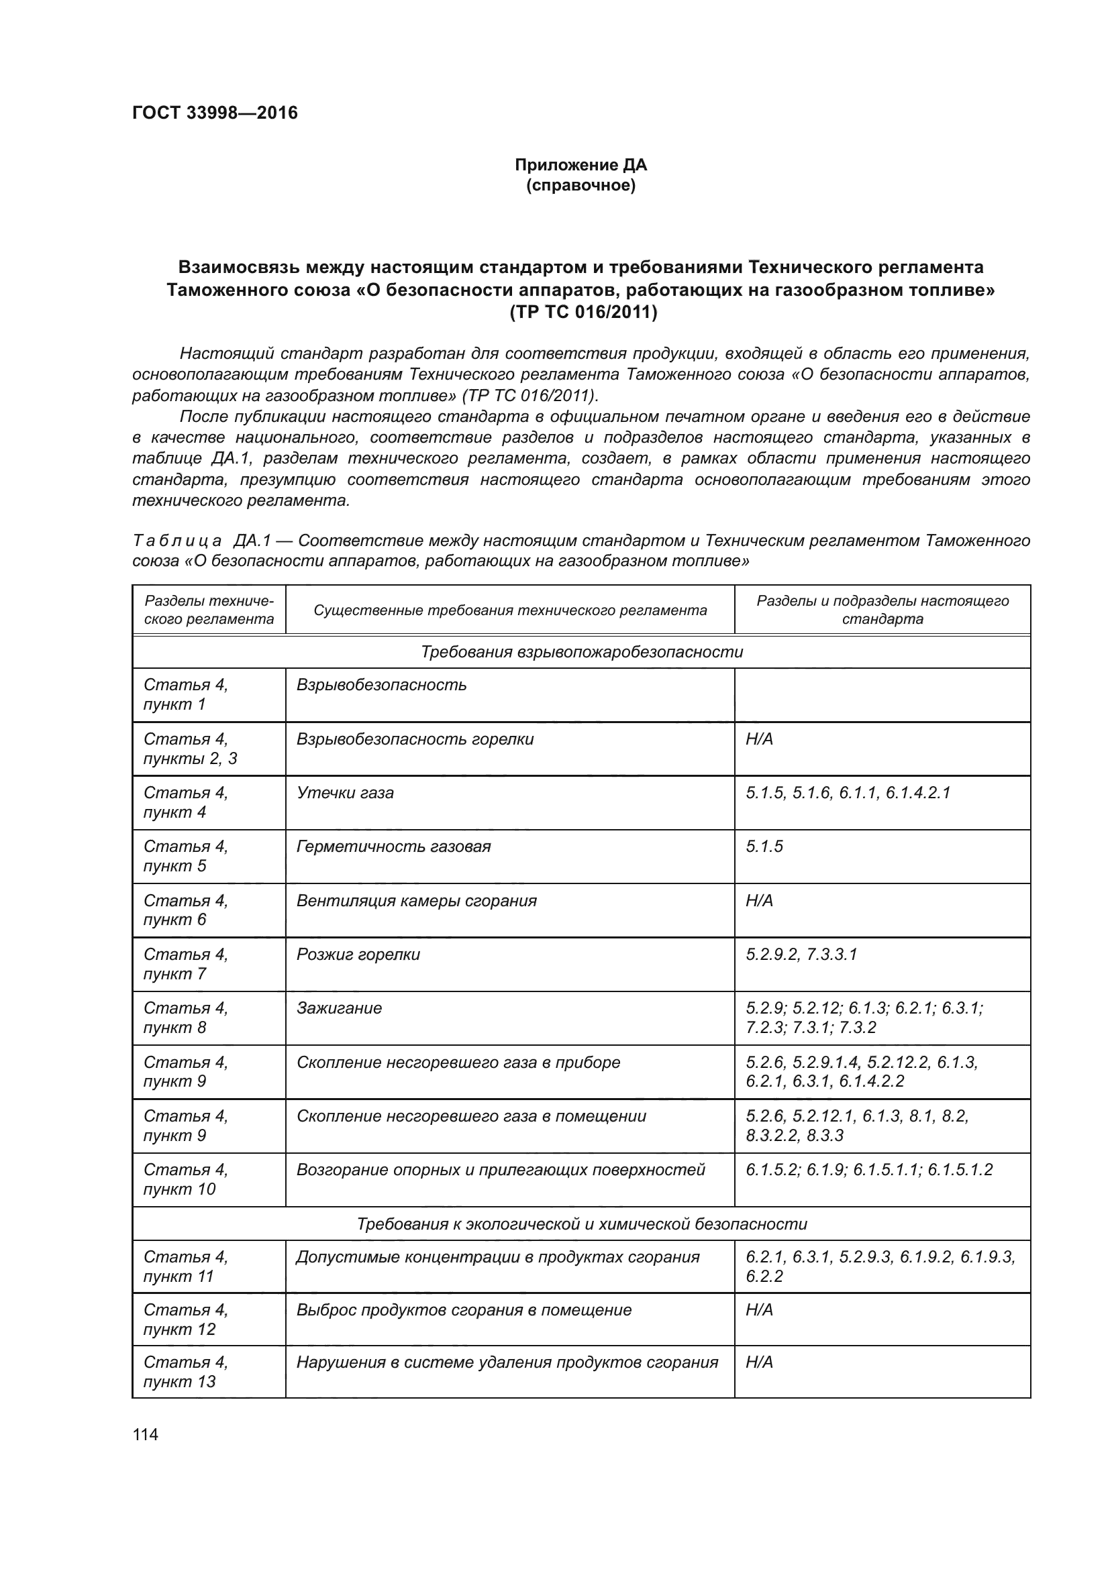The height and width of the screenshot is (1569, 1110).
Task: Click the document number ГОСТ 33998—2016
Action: (x=215, y=113)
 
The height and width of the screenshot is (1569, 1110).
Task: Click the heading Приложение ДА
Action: (x=581, y=165)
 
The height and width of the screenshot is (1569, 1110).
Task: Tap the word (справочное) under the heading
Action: (x=581, y=185)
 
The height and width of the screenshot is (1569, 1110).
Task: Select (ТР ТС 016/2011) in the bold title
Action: (x=581, y=313)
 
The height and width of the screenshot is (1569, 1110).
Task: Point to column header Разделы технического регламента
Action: (x=209, y=610)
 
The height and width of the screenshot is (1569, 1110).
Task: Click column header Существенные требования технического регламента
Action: (x=510, y=610)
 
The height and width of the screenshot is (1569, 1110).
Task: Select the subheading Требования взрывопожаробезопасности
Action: (x=581, y=652)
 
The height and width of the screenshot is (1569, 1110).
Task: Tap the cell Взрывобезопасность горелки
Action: (x=415, y=739)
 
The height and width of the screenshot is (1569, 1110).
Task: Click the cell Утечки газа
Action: (x=345, y=793)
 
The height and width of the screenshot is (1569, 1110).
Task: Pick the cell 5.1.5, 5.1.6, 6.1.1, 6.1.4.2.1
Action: (x=848, y=793)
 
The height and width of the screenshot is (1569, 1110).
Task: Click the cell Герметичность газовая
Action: (x=394, y=847)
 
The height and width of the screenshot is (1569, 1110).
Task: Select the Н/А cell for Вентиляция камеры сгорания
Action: (x=760, y=901)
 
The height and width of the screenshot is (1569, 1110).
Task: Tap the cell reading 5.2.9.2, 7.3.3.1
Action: (x=801, y=955)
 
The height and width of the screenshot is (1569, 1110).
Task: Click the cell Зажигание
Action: (x=339, y=1008)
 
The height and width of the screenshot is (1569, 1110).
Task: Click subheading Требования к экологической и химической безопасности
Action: (x=581, y=1224)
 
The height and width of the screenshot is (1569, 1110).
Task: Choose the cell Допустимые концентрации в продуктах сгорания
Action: (x=497, y=1256)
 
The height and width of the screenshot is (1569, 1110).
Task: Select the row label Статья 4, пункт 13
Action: (x=186, y=1372)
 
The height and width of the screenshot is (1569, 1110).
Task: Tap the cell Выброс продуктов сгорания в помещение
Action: (x=464, y=1310)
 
